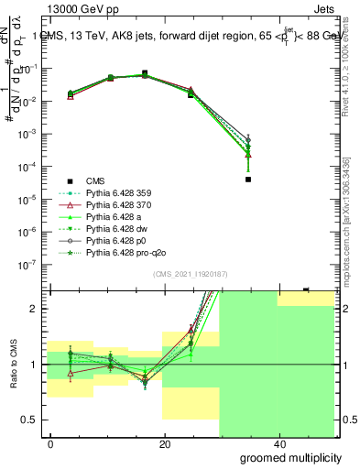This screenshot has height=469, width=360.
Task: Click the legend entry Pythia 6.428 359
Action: (115, 192)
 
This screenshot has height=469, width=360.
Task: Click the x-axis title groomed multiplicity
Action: (293, 457)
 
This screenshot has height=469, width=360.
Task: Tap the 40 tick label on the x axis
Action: (278, 443)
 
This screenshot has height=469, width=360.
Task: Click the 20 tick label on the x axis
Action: (164, 443)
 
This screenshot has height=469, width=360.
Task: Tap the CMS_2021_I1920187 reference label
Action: (191, 274)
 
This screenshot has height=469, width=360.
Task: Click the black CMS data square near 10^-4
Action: (248, 180)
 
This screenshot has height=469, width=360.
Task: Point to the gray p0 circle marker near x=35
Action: (248, 139)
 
